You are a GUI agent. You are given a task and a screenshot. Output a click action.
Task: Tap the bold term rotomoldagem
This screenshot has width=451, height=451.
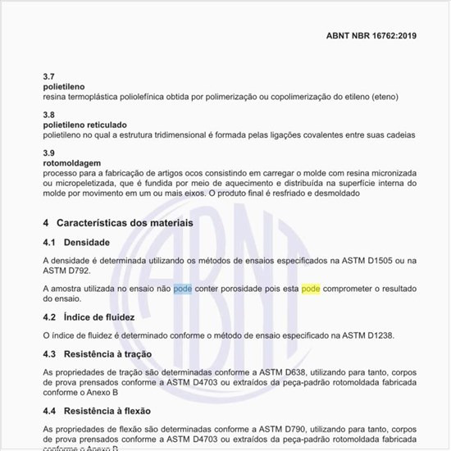[x=72, y=163]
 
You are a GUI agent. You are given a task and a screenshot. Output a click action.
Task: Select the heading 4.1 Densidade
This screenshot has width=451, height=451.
[x=76, y=243]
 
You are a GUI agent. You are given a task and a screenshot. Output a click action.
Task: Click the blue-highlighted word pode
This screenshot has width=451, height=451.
[x=183, y=289]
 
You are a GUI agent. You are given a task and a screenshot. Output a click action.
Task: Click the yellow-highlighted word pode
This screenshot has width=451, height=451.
[x=311, y=289]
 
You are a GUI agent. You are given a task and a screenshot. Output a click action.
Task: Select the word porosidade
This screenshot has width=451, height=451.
[x=248, y=289]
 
